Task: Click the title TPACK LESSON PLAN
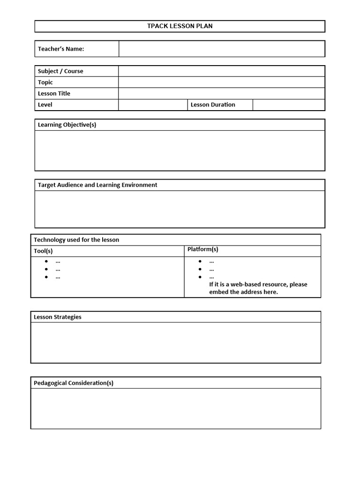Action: [x=180, y=26]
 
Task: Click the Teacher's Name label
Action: [x=61, y=49]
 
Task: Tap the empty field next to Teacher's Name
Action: [x=221, y=49]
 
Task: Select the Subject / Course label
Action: [x=60, y=71]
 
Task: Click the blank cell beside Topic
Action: [x=221, y=82]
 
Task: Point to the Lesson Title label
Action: [x=54, y=94]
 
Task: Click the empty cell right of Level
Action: [x=153, y=105]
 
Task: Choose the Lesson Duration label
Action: [x=213, y=105]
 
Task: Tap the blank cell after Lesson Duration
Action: [x=288, y=105]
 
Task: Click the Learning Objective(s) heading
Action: [x=67, y=125]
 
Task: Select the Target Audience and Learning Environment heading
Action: [x=97, y=185]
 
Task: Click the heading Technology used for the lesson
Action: [x=76, y=240]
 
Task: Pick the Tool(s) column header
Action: [x=43, y=251]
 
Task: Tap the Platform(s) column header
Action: [x=202, y=249]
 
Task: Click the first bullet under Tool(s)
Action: [x=47, y=262]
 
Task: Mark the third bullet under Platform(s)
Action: [x=200, y=277]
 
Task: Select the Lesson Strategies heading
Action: [x=57, y=317]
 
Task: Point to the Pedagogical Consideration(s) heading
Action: [x=74, y=383]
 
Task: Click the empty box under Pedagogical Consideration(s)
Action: [x=176, y=409]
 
